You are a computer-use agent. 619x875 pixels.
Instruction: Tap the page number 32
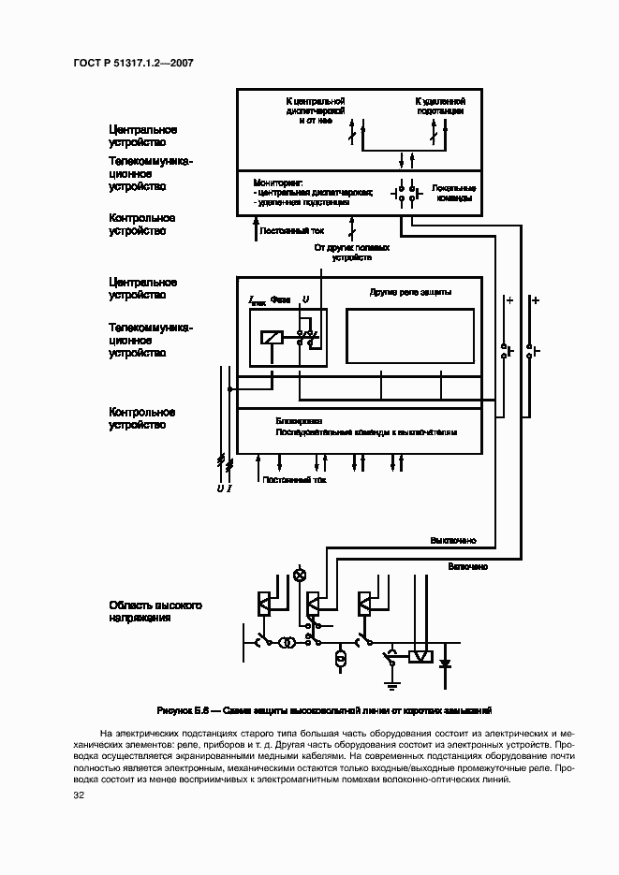79,795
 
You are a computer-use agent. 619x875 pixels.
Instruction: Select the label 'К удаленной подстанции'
441,104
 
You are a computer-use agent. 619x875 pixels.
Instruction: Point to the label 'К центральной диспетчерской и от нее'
317,109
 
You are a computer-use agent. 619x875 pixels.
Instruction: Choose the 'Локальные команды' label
452,193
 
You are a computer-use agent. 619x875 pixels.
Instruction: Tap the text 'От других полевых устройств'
351,254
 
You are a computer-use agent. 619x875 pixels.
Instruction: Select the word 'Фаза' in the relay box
280,299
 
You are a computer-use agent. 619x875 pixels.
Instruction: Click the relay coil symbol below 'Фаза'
271,338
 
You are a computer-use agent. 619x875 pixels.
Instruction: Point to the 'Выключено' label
453,541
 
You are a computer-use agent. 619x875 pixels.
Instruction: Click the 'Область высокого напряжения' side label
155,612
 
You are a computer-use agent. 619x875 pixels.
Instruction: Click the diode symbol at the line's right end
446,665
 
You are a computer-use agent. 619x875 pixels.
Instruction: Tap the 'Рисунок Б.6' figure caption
324,710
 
